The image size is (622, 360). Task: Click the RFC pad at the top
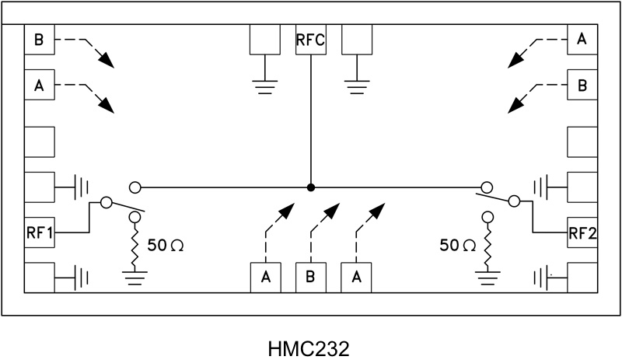coord(311,39)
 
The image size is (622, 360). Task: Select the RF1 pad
coord(40,232)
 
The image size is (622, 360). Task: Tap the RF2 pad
coord(582,232)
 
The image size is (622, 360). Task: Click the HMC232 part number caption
coord(311,344)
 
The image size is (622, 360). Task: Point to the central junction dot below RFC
coord(311,187)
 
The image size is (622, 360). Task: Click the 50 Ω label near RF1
coord(165,246)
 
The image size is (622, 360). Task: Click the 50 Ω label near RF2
coord(457,246)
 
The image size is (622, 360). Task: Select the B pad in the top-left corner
coord(40,39)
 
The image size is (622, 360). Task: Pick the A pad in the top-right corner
coord(582,39)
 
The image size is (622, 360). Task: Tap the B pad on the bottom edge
coord(311,278)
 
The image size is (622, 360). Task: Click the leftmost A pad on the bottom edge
coord(265,278)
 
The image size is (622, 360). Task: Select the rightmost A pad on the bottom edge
coord(357,278)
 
